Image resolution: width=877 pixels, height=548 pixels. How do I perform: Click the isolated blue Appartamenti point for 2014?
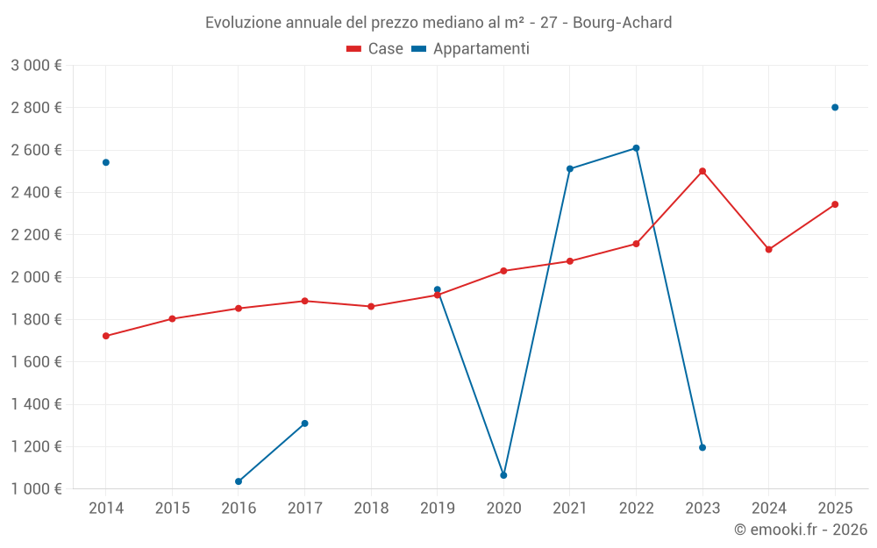click(106, 162)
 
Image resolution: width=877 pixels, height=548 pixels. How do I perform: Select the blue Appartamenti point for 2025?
click(835, 108)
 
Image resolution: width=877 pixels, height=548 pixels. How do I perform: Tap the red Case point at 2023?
click(702, 171)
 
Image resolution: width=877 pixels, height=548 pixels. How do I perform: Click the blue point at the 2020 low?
click(503, 475)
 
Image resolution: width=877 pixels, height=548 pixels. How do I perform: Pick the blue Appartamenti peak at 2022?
click(636, 148)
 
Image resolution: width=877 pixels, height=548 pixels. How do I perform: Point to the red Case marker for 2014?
click(106, 336)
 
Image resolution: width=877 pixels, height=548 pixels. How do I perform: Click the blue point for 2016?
click(239, 481)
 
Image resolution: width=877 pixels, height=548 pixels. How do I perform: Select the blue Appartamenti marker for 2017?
click(304, 423)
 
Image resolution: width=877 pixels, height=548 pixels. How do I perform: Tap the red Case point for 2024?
click(768, 250)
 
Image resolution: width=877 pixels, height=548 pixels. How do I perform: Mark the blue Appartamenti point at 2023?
click(702, 448)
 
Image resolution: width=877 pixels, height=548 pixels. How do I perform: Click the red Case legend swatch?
click(354, 49)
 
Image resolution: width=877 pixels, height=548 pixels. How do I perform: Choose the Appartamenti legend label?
click(481, 49)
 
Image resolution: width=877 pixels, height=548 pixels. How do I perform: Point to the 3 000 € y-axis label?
click(36, 66)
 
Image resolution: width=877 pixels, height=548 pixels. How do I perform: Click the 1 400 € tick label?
click(36, 404)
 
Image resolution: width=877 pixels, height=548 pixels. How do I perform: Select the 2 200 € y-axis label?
click(36, 235)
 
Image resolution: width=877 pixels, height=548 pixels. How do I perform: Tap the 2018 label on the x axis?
click(371, 509)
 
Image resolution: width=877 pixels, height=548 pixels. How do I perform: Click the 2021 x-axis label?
click(570, 509)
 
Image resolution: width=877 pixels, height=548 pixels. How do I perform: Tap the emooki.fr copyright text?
click(800, 530)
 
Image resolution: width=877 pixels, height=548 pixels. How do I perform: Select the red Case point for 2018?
click(371, 307)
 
